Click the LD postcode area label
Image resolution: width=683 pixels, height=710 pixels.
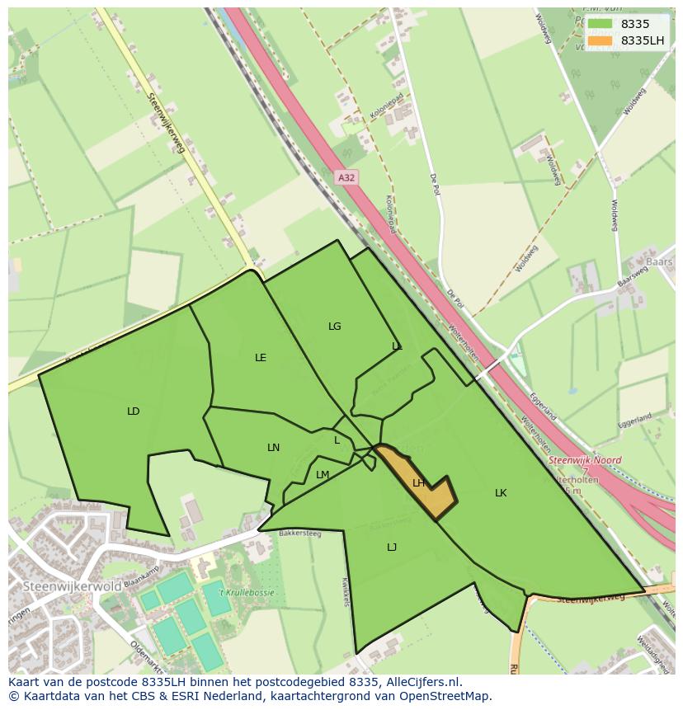pyautogui.click(x=133, y=411)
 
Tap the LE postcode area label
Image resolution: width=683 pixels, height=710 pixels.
pyautogui.click(x=261, y=358)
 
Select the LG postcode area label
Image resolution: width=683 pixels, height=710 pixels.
pyautogui.click(x=334, y=327)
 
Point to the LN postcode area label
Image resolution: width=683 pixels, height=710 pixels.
pyautogui.click(x=273, y=448)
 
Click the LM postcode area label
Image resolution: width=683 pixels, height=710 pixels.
pyautogui.click(x=323, y=474)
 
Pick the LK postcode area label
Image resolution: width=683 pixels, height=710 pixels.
pyautogui.click(x=501, y=493)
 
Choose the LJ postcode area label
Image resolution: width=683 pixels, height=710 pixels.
pyautogui.click(x=392, y=547)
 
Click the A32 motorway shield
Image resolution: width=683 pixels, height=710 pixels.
pyautogui.click(x=346, y=177)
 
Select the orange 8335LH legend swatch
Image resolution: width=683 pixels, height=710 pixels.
pyautogui.click(x=601, y=40)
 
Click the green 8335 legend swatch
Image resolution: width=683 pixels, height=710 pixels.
pyautogui.click(x=601, y=24)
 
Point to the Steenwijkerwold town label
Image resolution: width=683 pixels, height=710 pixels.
pyautogui.click(x=73, y=586)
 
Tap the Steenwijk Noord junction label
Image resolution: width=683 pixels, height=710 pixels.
pyautogui.click(x=585, y=460)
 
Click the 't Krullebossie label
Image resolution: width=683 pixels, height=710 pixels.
pyautogui.click(x=246, y=592)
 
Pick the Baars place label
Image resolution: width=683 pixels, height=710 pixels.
pyautogui.click(x=659, y=262)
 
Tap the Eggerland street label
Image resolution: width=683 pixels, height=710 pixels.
pyautogui.click(x=543, y=406)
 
